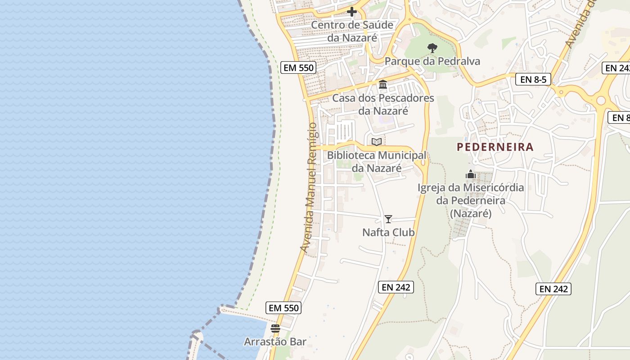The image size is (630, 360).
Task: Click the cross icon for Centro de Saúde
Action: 352,11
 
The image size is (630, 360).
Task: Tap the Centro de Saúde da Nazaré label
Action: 352,31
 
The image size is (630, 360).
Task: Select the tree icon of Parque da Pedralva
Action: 432,48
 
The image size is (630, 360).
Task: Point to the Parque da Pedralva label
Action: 432,61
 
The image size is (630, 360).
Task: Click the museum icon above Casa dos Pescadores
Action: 383,84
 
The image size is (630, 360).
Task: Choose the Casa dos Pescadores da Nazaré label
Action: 383,104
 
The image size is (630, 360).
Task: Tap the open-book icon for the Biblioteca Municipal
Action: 377,142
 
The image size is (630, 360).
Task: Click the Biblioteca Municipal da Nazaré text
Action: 376,162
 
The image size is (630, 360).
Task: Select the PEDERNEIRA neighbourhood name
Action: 495,147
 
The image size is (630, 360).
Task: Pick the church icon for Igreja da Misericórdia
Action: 470,174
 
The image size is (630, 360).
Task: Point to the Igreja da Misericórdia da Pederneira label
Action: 471,200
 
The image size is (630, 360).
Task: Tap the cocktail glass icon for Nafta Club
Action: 388,219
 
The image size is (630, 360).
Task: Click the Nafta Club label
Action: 388,233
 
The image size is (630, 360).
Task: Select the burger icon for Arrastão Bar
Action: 275,328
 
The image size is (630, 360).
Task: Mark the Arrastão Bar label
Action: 275,342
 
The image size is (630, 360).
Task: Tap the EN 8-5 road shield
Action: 533,80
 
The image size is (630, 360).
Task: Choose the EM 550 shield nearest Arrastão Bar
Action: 283,308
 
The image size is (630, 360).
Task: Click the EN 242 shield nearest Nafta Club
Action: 396,287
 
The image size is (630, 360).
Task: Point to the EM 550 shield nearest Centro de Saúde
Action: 298,68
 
